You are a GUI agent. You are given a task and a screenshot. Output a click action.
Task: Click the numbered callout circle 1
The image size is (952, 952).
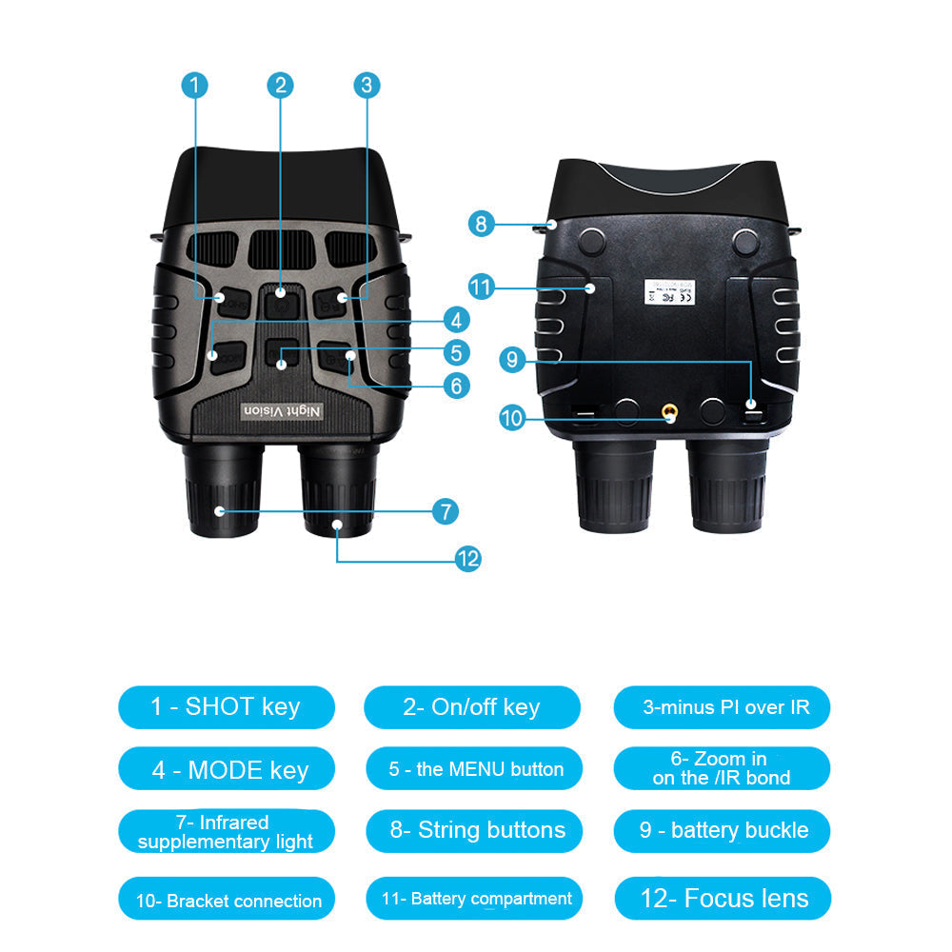tap(194, 85)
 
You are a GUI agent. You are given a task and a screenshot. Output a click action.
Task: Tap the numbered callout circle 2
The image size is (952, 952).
tap(279, 85)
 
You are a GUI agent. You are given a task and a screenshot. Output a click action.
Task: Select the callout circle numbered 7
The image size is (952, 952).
tap(445, 511)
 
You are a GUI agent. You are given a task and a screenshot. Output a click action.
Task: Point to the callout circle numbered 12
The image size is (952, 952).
tap(466, 559)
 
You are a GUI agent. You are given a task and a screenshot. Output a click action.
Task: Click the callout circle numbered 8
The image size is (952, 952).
tap(482, 225)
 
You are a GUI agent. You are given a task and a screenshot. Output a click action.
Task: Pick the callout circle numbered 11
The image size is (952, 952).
tap(482, 286)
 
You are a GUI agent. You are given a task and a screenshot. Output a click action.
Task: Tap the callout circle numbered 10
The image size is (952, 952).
tap(511, 417)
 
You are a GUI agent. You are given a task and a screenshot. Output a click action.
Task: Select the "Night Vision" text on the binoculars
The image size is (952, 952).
tap(282, 410)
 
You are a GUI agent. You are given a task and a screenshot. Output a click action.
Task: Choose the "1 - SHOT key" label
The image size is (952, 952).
tap(226, 707)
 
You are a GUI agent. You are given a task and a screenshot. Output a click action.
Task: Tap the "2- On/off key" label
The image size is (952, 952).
tap(472, 707)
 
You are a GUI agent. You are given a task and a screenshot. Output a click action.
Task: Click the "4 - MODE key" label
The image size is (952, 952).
tap(229, 769)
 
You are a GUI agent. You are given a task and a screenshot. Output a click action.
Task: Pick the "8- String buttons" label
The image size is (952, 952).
tap(475, 830)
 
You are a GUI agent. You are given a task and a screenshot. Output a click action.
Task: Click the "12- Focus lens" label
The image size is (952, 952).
tap(723, 899)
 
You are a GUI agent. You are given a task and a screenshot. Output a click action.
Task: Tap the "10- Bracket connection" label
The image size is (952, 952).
tap(228, 901)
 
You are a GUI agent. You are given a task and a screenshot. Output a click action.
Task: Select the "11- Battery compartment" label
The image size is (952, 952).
tap(475, 899)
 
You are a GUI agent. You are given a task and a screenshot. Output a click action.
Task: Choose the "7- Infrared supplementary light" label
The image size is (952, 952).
tap(225, 832)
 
